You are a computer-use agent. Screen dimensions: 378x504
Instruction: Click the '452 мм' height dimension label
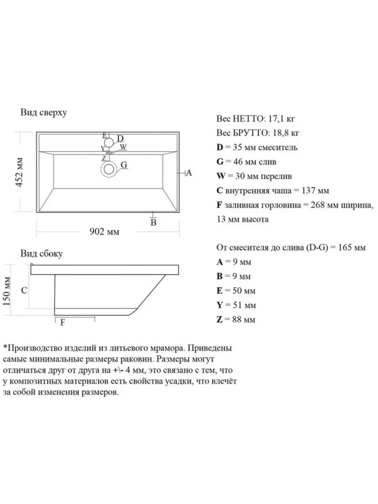click(x=20, y=171)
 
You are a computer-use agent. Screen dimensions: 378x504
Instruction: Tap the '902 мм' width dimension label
click(x=104, y=231)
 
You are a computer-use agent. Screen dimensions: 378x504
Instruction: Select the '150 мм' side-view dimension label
click(x=7, y=290)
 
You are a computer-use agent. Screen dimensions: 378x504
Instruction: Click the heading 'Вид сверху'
click(x=43, y=112)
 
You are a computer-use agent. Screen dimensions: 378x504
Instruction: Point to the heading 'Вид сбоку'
click(x=42, y=253)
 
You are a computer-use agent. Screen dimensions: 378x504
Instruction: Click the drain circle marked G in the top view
click(x=109, y=168)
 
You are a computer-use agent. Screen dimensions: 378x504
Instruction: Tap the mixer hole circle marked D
click(x=109, y=142)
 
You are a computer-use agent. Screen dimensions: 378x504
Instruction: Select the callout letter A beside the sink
click(x=189, y=173)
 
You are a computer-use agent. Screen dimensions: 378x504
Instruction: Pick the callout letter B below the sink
click(x=154, y=222)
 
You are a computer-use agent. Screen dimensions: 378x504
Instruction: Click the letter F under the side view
click(x=62, y=322)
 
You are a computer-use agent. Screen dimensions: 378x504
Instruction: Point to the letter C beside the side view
click(x=24, y=290)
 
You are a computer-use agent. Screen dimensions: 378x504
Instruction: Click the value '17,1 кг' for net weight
click(x=282, y=118)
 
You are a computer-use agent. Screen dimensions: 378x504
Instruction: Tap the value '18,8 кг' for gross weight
click(x=286, y=133)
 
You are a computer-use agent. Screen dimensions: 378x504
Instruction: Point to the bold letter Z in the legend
click(x=219, y=319)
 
